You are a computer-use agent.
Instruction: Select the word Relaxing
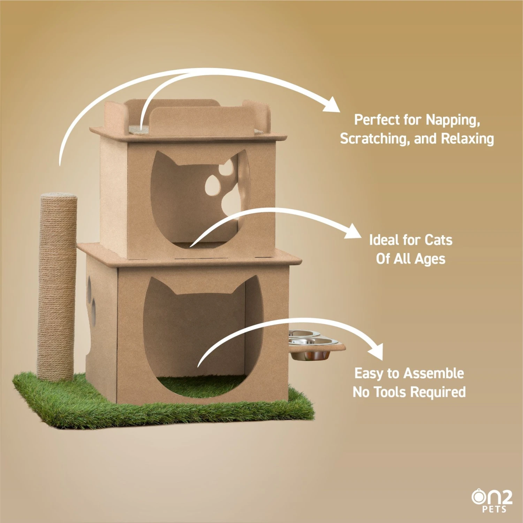tap(468, 139)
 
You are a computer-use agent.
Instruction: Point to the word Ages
tap(430, 259)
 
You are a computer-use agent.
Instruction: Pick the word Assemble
tap(434, 373)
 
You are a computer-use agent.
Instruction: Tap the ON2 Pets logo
tap(492, 501)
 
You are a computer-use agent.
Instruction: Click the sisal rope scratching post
tap(58, 287)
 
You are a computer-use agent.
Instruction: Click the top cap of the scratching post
tap(59, 195)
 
